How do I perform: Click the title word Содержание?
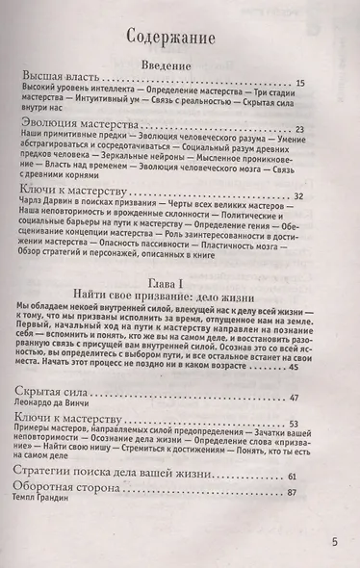180,38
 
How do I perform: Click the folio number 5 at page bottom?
334,543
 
